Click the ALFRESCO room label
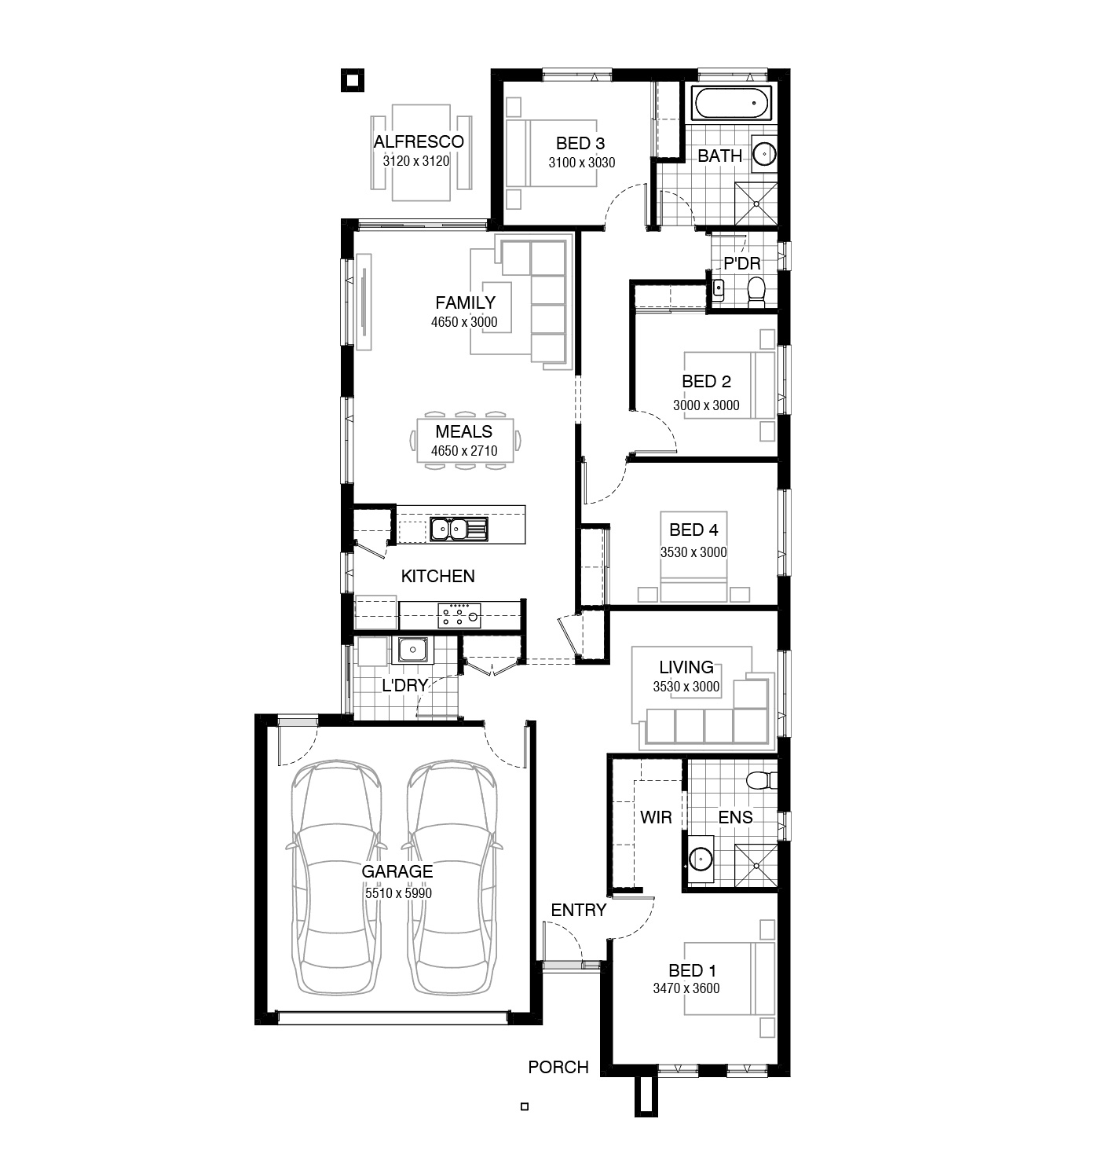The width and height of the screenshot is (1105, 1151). click(419, 141)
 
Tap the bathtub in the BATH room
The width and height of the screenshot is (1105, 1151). click(731, 103)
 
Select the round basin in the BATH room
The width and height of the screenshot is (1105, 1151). click(764, 154)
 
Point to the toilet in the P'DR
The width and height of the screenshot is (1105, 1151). click(756, 292)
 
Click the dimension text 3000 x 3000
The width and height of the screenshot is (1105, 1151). click(706, 405)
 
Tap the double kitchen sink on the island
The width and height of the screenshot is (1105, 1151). click(458, 529)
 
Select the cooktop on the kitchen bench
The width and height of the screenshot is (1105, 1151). click(459, 615)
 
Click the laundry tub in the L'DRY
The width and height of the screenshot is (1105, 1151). click(412, 650)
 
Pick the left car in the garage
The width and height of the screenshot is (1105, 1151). click(336, 878)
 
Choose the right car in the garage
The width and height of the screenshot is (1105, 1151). click(452, 878)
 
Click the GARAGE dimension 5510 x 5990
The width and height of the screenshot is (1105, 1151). click(398, 893)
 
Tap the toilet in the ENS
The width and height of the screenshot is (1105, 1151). click(762, 780)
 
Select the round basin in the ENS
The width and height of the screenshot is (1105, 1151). click(701, 859)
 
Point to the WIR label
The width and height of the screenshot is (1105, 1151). click(656, 817)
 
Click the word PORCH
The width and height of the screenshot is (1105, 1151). click(558, 1067)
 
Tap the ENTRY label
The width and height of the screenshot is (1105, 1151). click(578, 910)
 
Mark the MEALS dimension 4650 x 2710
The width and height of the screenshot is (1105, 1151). click(464, 451)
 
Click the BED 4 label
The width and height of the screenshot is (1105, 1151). click(693, 530)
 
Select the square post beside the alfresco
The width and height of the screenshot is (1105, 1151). click(353, 80)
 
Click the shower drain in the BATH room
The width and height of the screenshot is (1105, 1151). click(756, 203)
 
